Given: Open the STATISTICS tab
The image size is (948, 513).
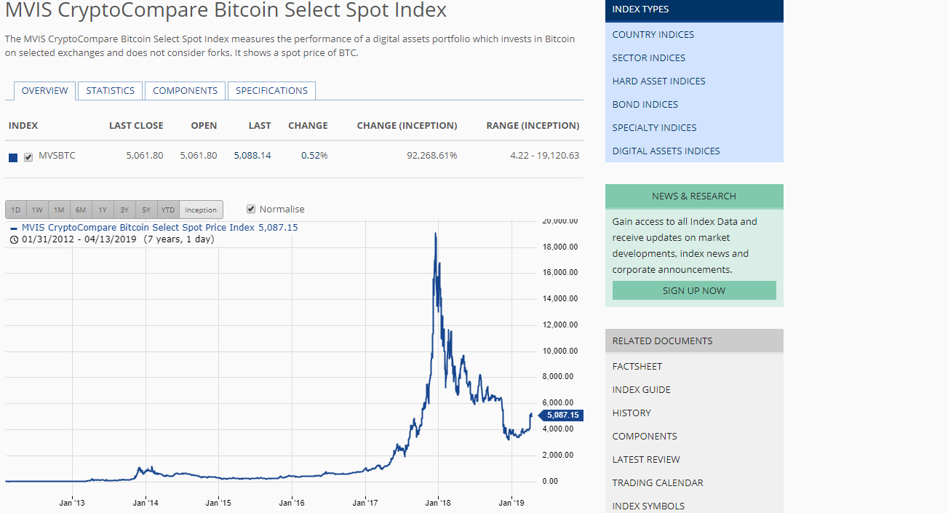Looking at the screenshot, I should tap(110, 91).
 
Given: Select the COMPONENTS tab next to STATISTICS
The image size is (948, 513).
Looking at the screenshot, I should tap(185, 91).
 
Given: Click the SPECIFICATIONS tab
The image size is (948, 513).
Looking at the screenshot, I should tap(271, 91).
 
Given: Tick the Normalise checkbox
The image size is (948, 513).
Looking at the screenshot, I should tap(252, 209).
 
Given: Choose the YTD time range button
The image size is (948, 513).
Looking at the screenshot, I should tap(168, 210).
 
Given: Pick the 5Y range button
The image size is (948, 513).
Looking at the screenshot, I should tap(146, 210).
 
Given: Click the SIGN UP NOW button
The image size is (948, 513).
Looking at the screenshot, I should tap(693, 290).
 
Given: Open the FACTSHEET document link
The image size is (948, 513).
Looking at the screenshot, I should tap(637, 366).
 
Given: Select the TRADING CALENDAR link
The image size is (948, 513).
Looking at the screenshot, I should tap(657, 482).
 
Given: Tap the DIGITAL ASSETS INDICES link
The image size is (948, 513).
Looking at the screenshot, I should tap(666, 151).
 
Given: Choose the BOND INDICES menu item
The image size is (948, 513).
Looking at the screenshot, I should tap(645, 104).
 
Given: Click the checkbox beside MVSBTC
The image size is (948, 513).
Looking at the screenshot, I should tap(28, 156).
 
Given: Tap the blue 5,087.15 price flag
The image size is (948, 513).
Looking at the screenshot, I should tap(562, 415).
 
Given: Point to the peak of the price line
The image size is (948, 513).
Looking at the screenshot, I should tap(435, 234).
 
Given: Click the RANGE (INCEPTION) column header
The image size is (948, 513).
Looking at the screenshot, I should tap(533, 126).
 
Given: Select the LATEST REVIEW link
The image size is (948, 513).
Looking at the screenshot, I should tap(646, 459).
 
